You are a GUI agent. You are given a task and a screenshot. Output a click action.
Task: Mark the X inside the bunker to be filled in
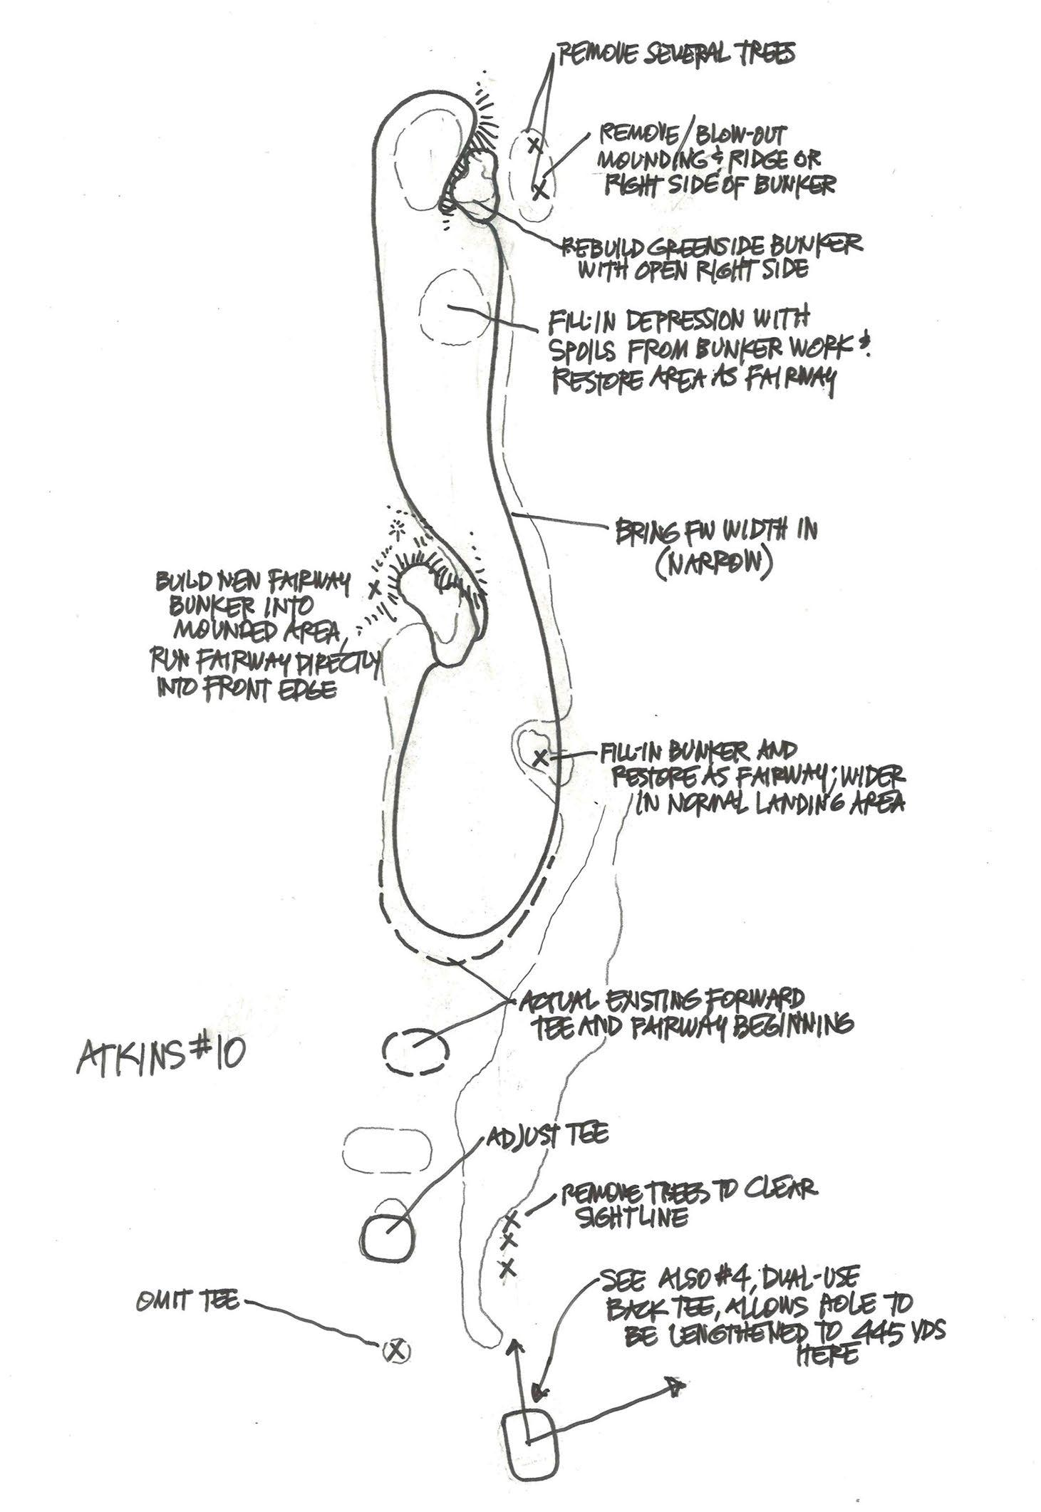[x=541, y=757]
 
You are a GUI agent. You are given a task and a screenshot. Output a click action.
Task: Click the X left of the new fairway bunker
[x=373, y=589]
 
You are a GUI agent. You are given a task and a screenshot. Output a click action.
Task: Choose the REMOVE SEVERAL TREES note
[x=676, y=55]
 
